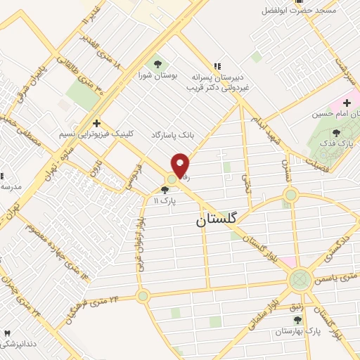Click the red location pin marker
(x=181, y=165)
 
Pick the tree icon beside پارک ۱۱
(x=165, y=190)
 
